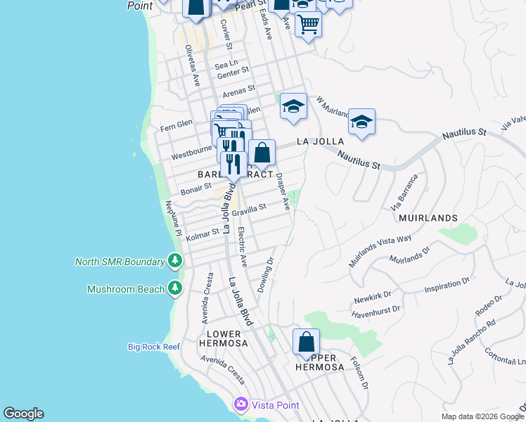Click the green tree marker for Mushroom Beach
click(175, 288)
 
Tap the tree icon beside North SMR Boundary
click(175, 262)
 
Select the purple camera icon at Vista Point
click(241, 404)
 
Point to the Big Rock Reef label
click(154, 347)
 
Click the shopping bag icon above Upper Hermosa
click(306, 343)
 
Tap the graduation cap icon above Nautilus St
click(361, 122)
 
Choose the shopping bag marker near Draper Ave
click(262, 153)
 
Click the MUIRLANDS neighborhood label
click(428, 218)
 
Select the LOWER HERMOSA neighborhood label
click(224, 338)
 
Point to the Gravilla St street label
click(249, 209)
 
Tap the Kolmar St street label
click(203, 234)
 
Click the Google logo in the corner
click(23, 414)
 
